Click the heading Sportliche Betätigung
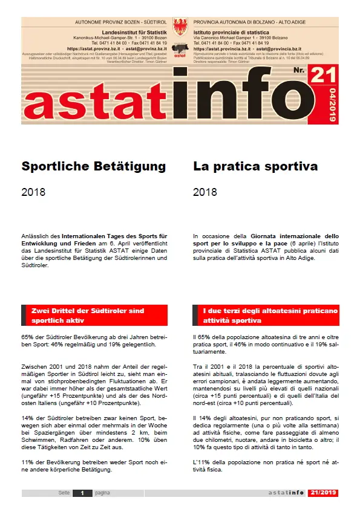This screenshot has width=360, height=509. click(94, 165)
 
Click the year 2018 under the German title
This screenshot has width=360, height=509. click(33, 193)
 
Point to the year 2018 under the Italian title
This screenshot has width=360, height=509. click(205, 193)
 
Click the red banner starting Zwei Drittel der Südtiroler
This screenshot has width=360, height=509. click(94, 315)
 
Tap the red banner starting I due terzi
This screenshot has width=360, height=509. click(266, 315)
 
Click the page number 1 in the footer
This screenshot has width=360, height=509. click(81, 493)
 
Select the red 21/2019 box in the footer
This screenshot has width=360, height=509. click(322, 493)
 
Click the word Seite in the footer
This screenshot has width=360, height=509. click(64, 493)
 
